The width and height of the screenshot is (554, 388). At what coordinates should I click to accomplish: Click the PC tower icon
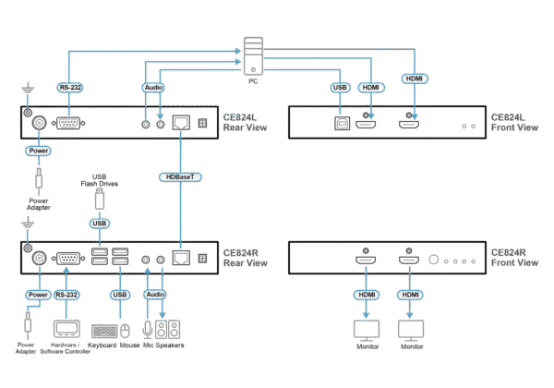point(252,55)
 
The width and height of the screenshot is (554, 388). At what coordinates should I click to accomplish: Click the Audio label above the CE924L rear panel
point(152,89)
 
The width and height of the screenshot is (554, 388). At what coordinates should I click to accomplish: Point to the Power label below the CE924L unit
point(38,150)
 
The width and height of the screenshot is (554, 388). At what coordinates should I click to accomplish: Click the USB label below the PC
point(338,89)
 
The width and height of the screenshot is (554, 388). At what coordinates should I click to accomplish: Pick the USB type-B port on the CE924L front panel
point(339,123)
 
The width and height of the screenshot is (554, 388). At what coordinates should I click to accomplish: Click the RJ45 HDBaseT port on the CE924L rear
point(181,122)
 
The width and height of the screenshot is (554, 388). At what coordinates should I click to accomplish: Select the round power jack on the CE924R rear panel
point(39,260)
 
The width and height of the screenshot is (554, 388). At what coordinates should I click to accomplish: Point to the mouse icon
point(127,330)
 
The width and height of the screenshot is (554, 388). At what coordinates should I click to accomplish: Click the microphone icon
point(147,329)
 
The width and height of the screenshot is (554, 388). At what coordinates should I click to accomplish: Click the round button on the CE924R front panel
point(434,260)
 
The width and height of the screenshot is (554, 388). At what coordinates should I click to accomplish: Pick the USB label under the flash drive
point(100,223)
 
